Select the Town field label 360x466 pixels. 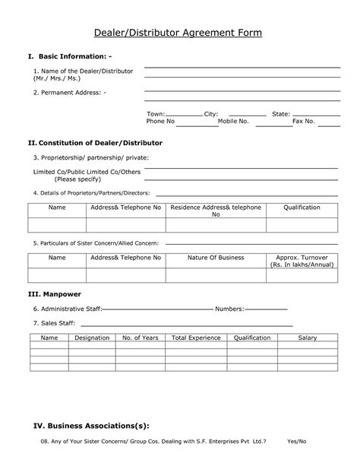click(x=156, y=113)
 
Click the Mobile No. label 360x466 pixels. click(x=233, y=121)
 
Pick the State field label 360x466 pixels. click(x=281, y=113)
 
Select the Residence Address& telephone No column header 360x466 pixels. click(x=215, y=211)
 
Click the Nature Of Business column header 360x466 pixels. click(x=216, y=258)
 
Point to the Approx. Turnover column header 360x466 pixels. click(x=302, y=258)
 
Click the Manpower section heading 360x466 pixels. click(x=59, y=293)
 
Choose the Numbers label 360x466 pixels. click(x=229, y=309)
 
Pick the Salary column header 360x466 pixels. click(x=307, y=337)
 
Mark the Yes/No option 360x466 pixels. click(x=297, y=442)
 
